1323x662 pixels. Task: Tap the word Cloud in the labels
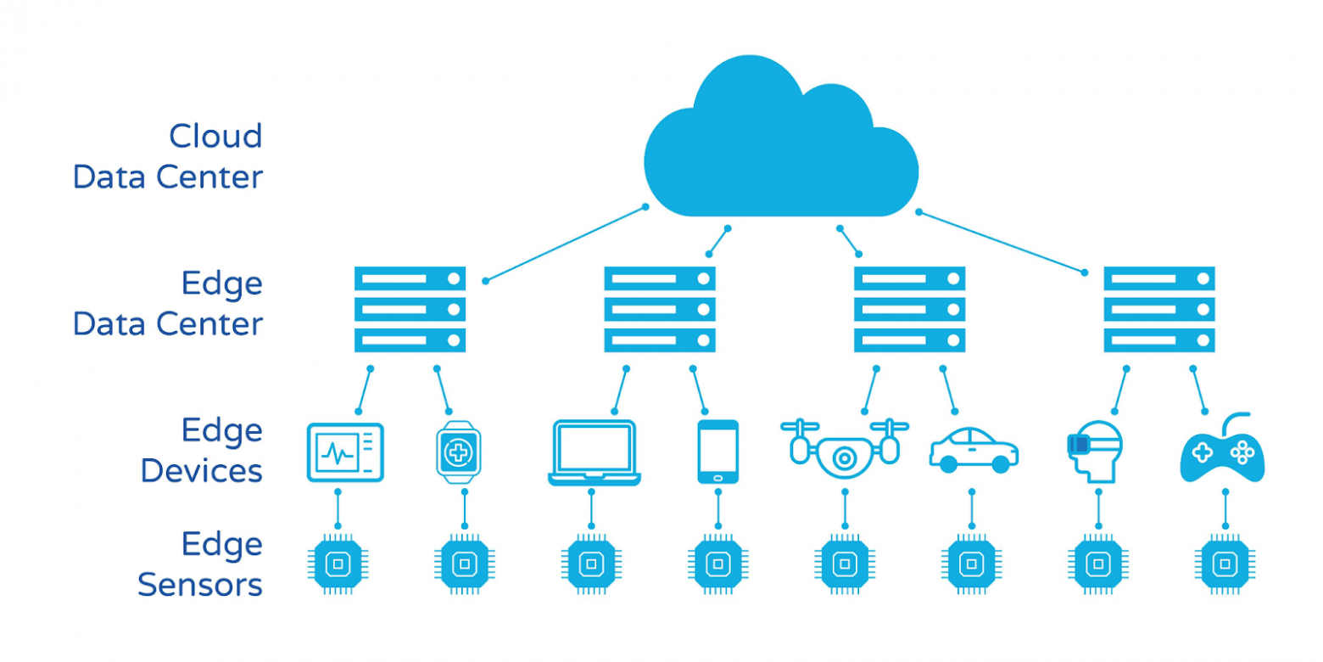tap(215, 136)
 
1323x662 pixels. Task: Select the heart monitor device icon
tap(344, 452)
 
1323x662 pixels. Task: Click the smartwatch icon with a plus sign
tap(457, 452)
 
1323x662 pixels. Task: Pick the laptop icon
tap(594, 452)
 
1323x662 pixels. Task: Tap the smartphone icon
tap(717, 452)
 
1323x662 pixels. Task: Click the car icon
tap(974, 450)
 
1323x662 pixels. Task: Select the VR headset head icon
tap(1094, 450)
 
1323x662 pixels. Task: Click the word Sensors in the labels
tap(200, 585)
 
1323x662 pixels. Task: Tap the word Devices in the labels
tap(201, 470)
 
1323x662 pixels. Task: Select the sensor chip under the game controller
tap(1223, 562)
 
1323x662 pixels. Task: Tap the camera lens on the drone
tap(843, 458)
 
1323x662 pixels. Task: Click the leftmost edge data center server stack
tap(410, 309)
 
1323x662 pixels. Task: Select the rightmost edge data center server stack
tap(1158, 309)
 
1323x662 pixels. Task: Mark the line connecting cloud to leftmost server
tap(565, 244)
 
